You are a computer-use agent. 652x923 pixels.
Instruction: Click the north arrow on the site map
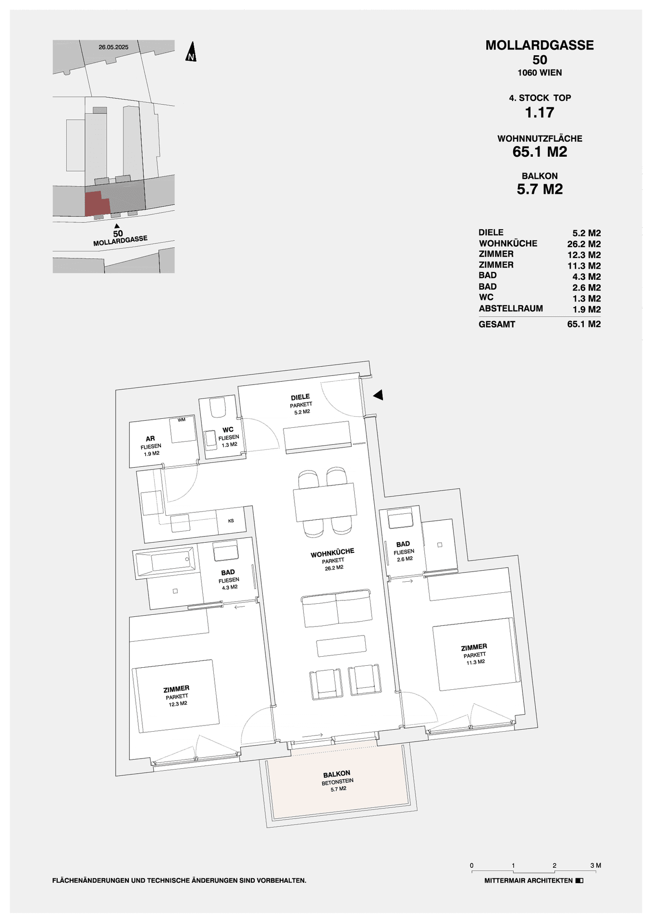(191, 52)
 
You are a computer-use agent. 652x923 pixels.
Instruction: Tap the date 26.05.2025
(113, 47)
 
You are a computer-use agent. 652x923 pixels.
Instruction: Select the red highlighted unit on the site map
(97, 203)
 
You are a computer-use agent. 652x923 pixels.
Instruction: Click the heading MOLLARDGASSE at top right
(539, 45)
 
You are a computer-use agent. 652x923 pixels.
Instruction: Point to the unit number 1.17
(539, 112)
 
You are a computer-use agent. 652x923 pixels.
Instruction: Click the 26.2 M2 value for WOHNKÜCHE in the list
(583, 244)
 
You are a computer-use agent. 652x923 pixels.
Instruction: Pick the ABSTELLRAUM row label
(510, 309)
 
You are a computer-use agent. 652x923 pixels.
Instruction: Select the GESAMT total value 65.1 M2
(583, 324)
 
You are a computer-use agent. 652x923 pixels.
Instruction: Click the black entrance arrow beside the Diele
(378, 395)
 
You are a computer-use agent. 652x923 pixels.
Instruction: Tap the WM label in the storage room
(181, 420)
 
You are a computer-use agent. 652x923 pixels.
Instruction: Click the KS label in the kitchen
(231, 521)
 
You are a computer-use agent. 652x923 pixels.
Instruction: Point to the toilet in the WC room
(218, 407)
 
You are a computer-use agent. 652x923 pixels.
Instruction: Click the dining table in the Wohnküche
(325, 502)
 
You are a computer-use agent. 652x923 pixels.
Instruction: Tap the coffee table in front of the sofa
(341, 646)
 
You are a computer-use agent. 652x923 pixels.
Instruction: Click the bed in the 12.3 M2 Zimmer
(176, 696)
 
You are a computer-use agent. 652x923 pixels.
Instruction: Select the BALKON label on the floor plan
(336, 774)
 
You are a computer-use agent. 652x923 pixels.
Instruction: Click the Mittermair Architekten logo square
(579, 881)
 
